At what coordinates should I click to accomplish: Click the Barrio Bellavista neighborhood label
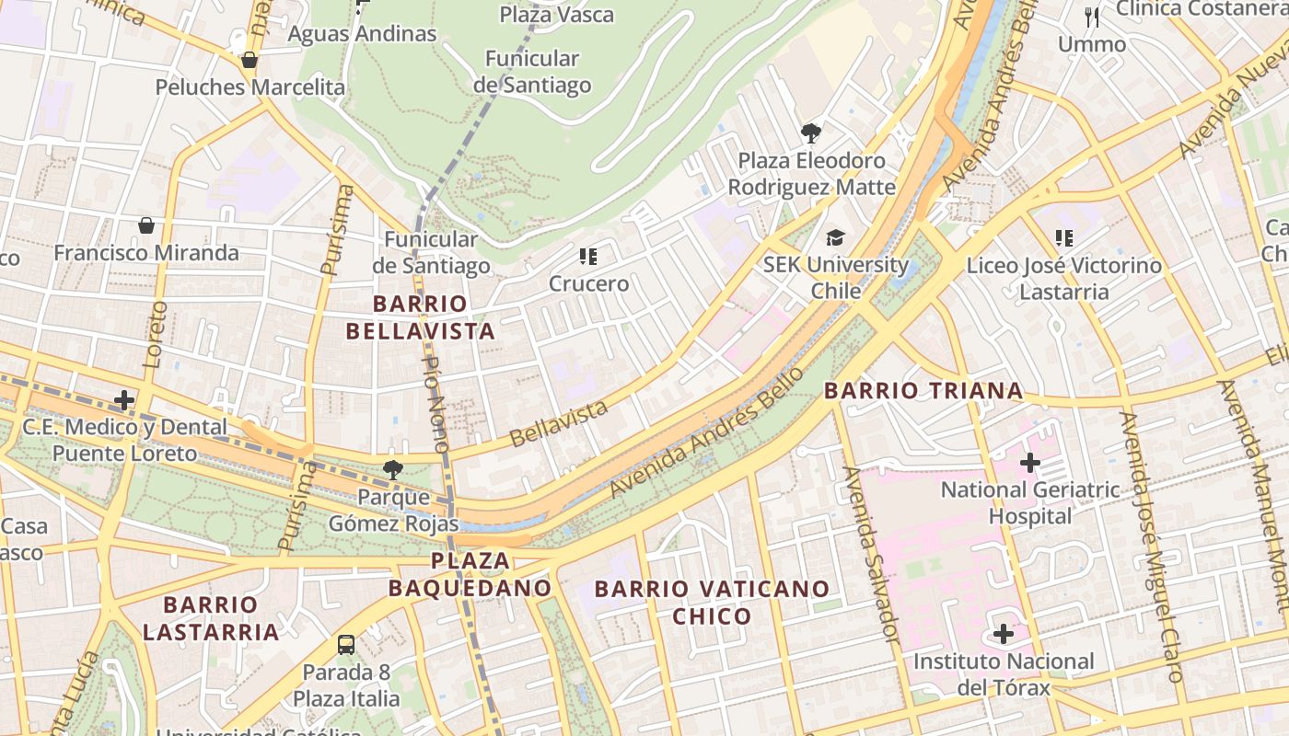tap(434, 317)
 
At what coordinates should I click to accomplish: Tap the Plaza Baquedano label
tap(470, 574)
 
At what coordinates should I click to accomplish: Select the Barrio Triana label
tap(923, 390)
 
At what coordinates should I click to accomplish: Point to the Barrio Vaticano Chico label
tap(712, 602)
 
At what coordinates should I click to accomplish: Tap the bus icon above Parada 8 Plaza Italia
tap(346, 644)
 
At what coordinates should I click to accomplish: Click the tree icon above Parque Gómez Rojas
tap(393, 470)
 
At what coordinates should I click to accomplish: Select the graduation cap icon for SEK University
tap(835, 237)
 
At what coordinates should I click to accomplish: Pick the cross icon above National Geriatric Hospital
tap(1030, 462)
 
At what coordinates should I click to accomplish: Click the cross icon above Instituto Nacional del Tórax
tap(1004, 634)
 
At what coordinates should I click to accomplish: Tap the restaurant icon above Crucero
tap(588, 257)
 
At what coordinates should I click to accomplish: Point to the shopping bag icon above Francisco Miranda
tap(145, 225)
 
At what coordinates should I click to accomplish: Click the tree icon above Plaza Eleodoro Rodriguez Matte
tap(810, 133)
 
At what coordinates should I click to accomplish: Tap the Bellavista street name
tap(558, 422)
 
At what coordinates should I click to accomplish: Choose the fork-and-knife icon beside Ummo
tap(1092, 17)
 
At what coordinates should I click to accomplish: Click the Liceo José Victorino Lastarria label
tap(1063, 279)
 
